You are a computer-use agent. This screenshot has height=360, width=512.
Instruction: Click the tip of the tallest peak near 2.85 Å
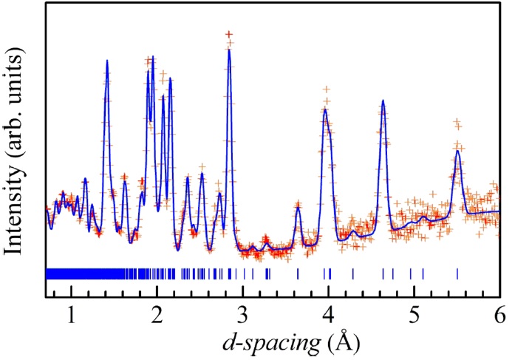(x=230, y=50)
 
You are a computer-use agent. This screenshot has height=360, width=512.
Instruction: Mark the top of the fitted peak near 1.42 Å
(x=107, y=61)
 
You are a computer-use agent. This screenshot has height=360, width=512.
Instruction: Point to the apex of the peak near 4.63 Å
(x=383, y=101)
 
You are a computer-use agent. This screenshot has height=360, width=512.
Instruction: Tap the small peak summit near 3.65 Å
(x=298, y=207)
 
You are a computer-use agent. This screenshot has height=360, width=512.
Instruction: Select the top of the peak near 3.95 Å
(x=325, y=109)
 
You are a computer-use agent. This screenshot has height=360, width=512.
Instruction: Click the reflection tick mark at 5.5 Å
(x=457, y=274)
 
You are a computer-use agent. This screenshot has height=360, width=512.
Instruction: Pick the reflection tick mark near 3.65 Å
(x=298, y=274)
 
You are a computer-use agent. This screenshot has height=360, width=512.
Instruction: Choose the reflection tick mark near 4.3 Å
(x=353, y=274)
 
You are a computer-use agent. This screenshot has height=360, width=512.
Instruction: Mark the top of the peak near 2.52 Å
(x=202, y=174)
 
